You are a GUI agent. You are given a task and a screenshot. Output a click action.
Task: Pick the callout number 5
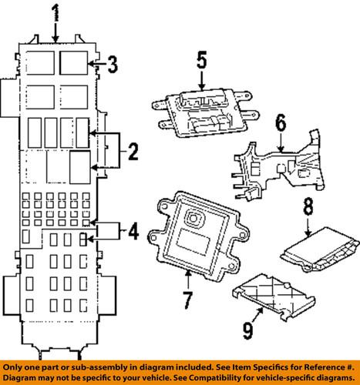pyautogui.click(x=202, y=60)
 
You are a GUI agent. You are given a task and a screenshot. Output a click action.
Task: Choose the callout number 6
pyautogui.click(x=280, y=122)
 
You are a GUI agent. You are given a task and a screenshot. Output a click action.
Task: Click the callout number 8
pyautogui.click(x=308, y=206)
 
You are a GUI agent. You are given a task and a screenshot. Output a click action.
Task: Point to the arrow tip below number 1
pyautogui.click(x=55, y=38)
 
